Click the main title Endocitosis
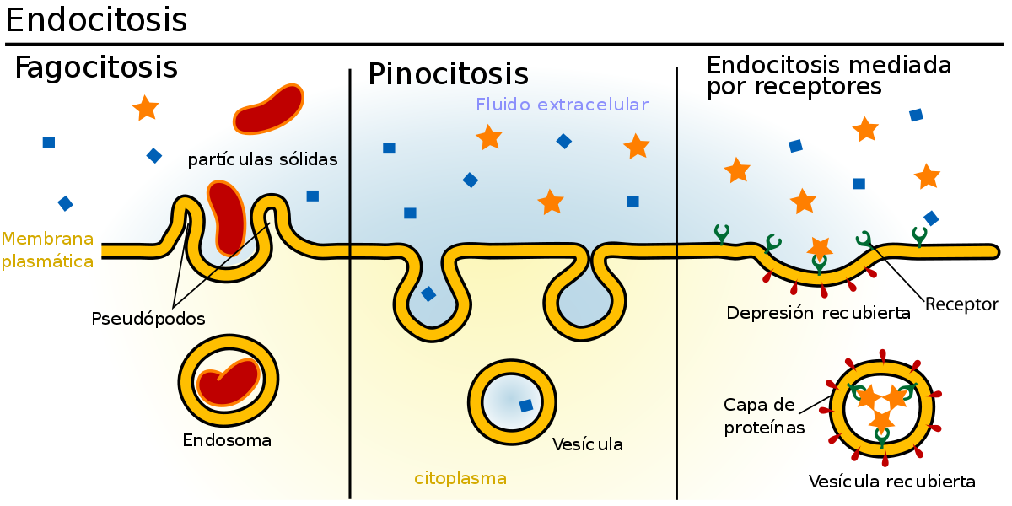point(96,20)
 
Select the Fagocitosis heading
point(96,67)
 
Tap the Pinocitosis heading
point(448,73)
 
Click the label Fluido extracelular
point(562,105)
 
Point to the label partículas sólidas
point(262,159)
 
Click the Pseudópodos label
point(148,319)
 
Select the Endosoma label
point(227,440)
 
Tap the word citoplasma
point(460,478)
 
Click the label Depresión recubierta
point(818,313)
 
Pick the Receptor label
point(961,304)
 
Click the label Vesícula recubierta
point(892,482)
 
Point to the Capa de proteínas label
point(763,416)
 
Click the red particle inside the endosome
point(229,383)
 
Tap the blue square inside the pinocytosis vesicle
point(526,406)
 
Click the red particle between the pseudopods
point(227,218)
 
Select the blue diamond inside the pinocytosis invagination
point(428,294)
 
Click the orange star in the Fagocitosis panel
point(145,108)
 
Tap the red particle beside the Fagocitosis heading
point(268,110)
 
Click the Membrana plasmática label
point(47,250)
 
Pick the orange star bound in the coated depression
point(820,248)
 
